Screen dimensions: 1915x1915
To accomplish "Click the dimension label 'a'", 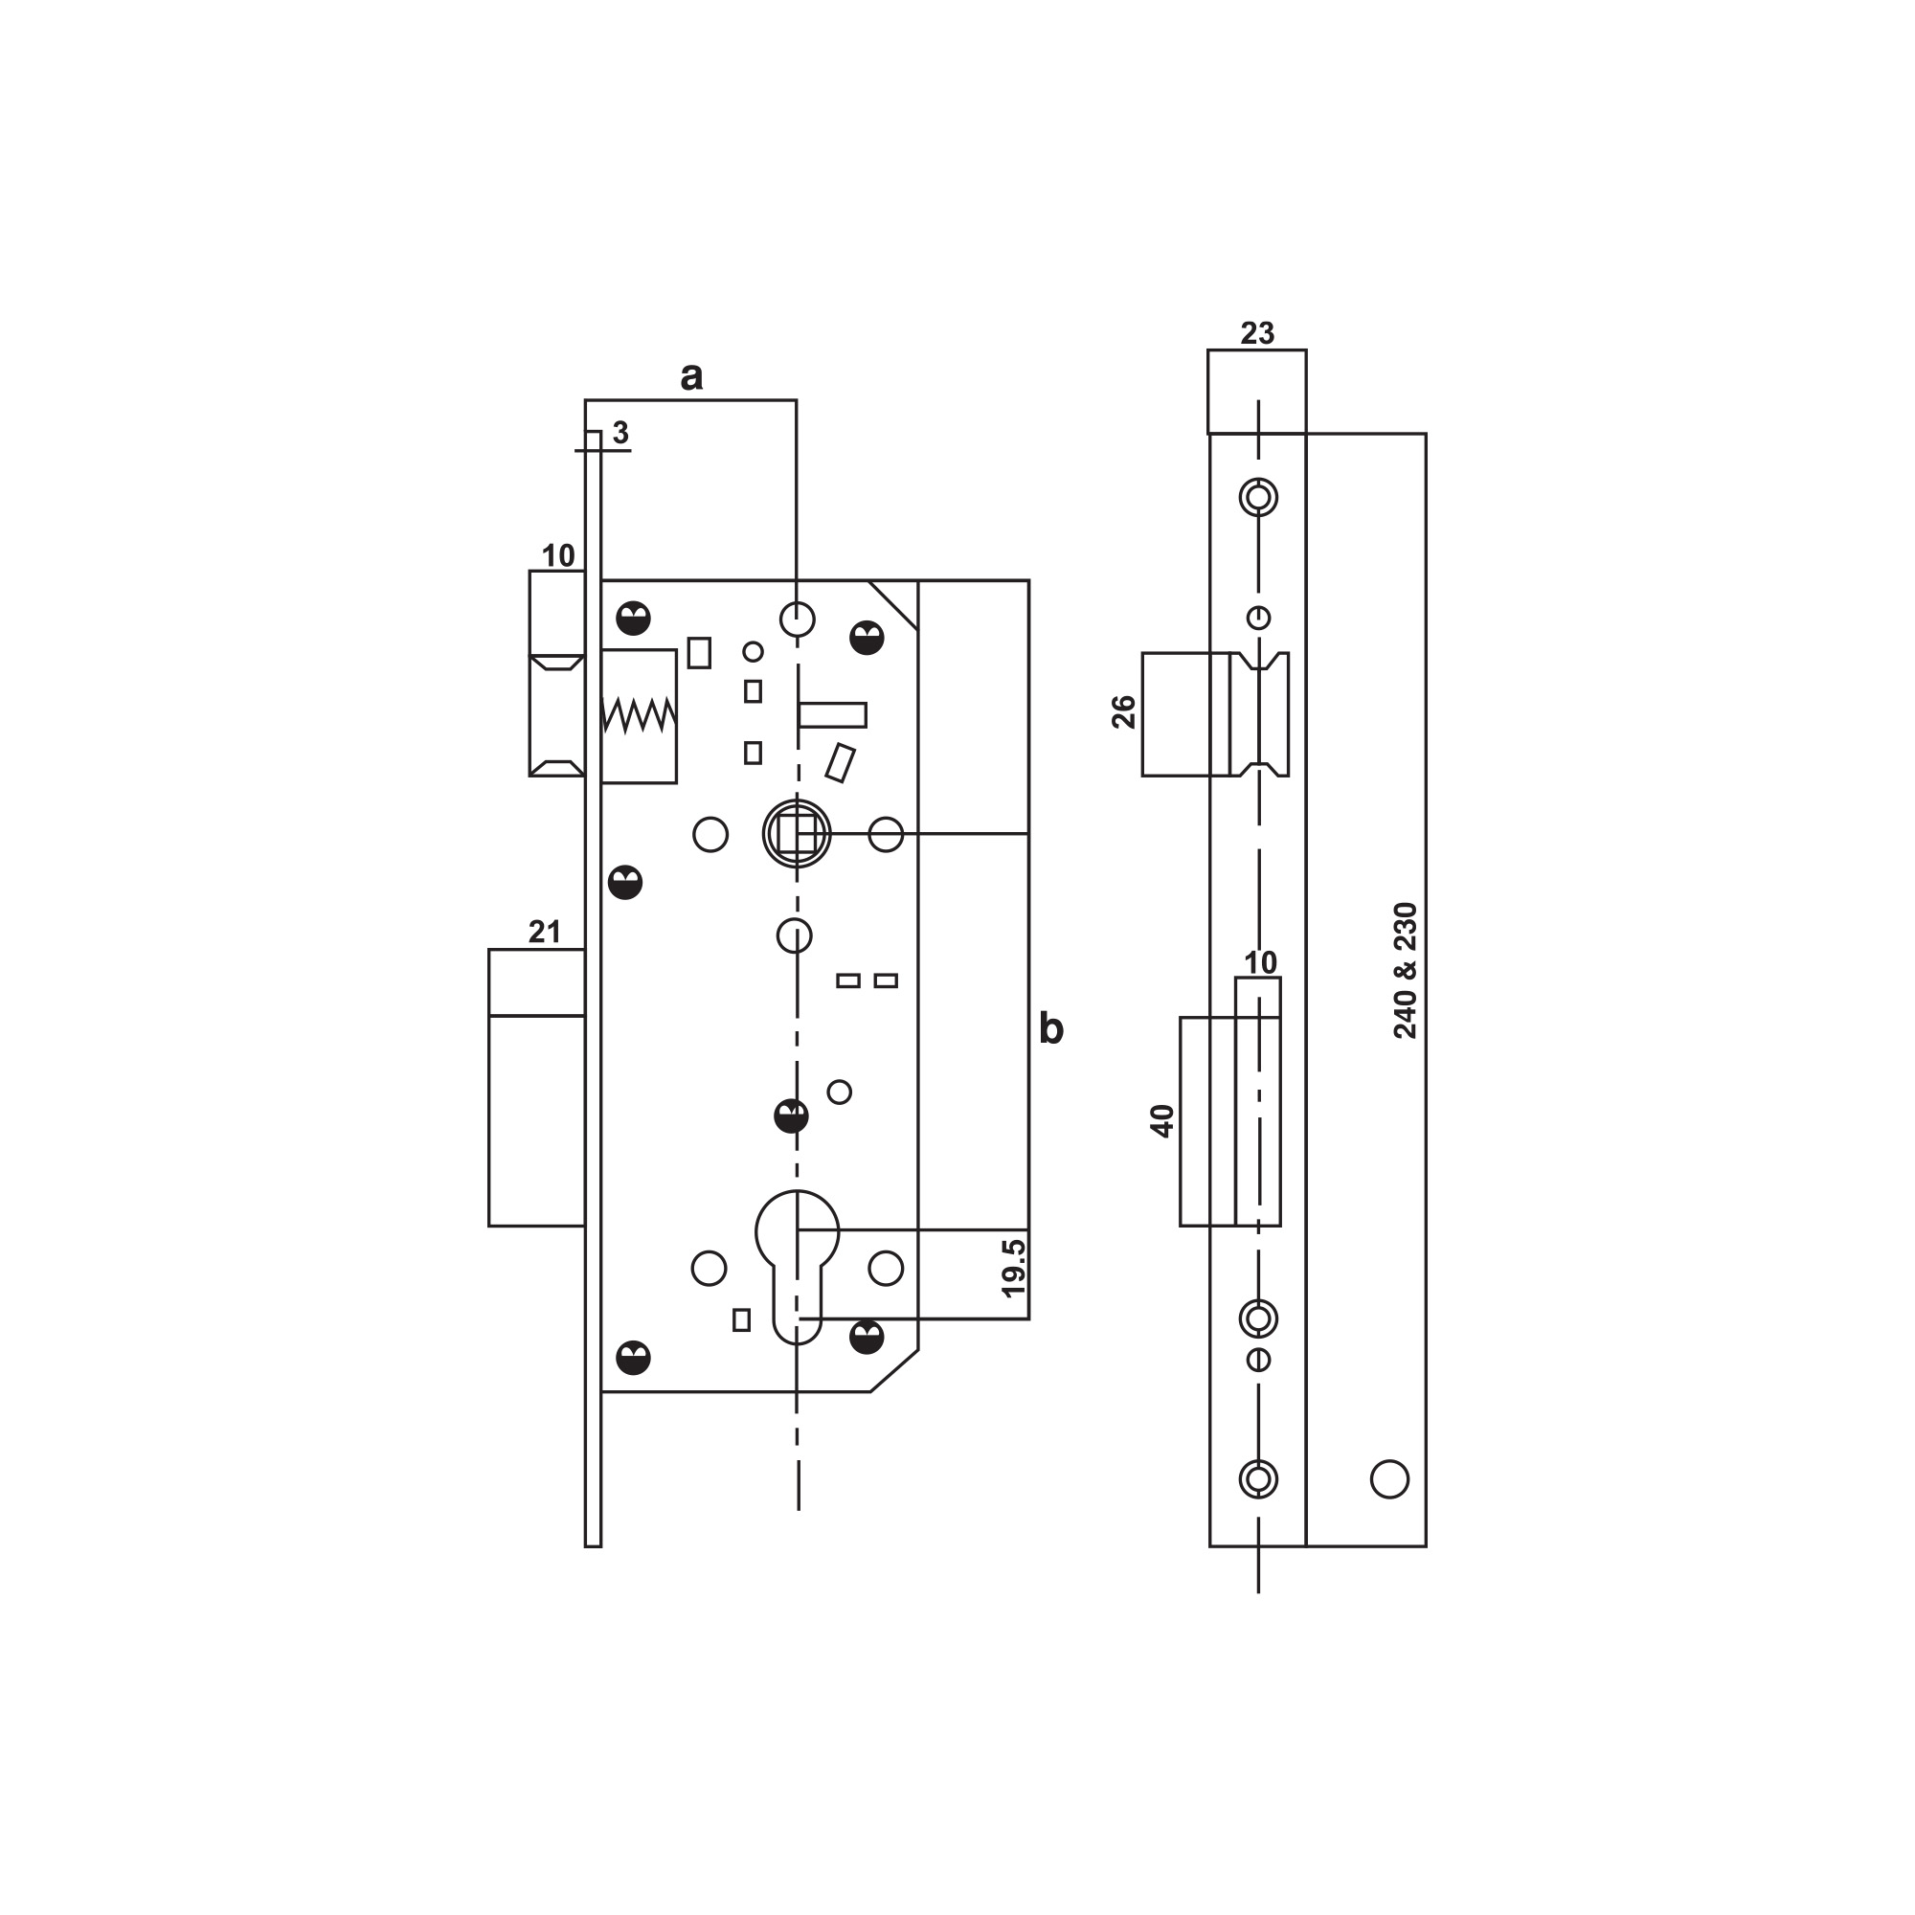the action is click(692, 376).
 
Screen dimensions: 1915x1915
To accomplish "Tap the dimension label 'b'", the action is click(1050, 1029).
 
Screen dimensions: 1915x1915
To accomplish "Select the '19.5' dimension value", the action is click(1013, 1268).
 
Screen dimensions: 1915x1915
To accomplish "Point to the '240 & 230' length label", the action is click(1406, 970).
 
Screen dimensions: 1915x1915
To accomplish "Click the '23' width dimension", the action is click(1257, 333).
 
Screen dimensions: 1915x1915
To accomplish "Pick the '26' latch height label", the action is click(1124, 711).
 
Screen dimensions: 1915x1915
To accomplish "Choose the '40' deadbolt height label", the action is click(1161, 1120).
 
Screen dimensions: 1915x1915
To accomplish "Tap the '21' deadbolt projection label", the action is click(544, 932).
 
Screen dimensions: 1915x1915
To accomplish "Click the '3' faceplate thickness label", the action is click(620, 432).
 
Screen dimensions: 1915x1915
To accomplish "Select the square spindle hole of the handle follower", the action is click(797, 835).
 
